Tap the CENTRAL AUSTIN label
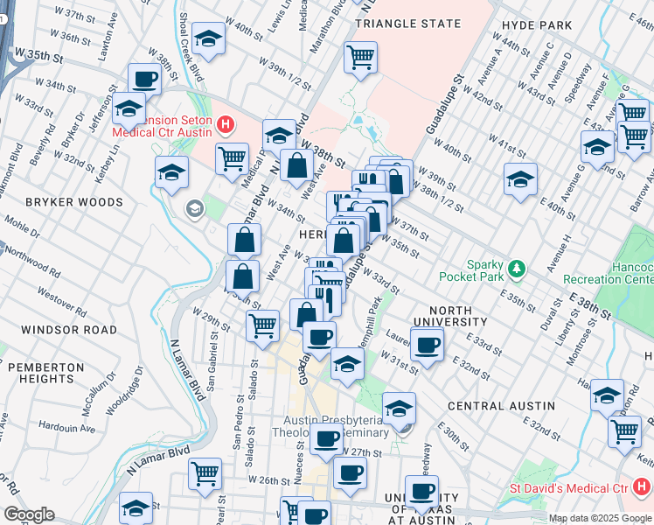click(501, 406)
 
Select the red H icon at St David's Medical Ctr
click(643, 486)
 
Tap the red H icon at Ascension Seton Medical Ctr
click(226, 125)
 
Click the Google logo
click(29, 514)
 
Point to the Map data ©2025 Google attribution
click(600, 518)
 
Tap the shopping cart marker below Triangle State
click(360, 58)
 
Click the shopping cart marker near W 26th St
click(205, 473)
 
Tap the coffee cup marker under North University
click(427, 344)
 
